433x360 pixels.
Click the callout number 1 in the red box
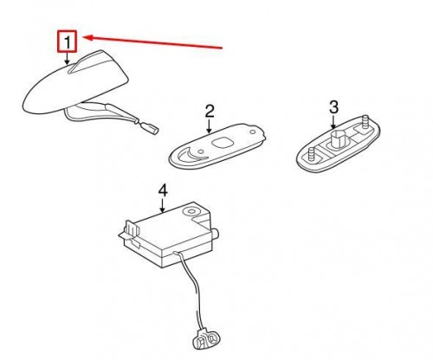[x=68, y=42]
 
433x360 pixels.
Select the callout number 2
[x=210, y=111]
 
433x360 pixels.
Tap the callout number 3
[x=333, y=107]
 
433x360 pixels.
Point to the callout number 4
[x=163, y=191]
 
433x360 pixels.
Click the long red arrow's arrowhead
[x=88, y=38]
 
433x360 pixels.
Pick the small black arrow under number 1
[x=67, y=58]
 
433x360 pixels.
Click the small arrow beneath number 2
[x=210, y=126]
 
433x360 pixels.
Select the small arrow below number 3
[x=333, y=122]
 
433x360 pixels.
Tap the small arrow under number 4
[x=163, y=206]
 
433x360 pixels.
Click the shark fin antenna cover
[x=74, y=84]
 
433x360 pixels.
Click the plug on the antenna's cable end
[x=152, y=128]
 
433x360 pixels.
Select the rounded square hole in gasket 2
[x=222, y=143]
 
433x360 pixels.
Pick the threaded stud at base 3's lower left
[x=312, y=153]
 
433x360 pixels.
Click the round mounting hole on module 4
[x=191, y=211]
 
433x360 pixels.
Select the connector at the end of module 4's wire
[x=206, y=339]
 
